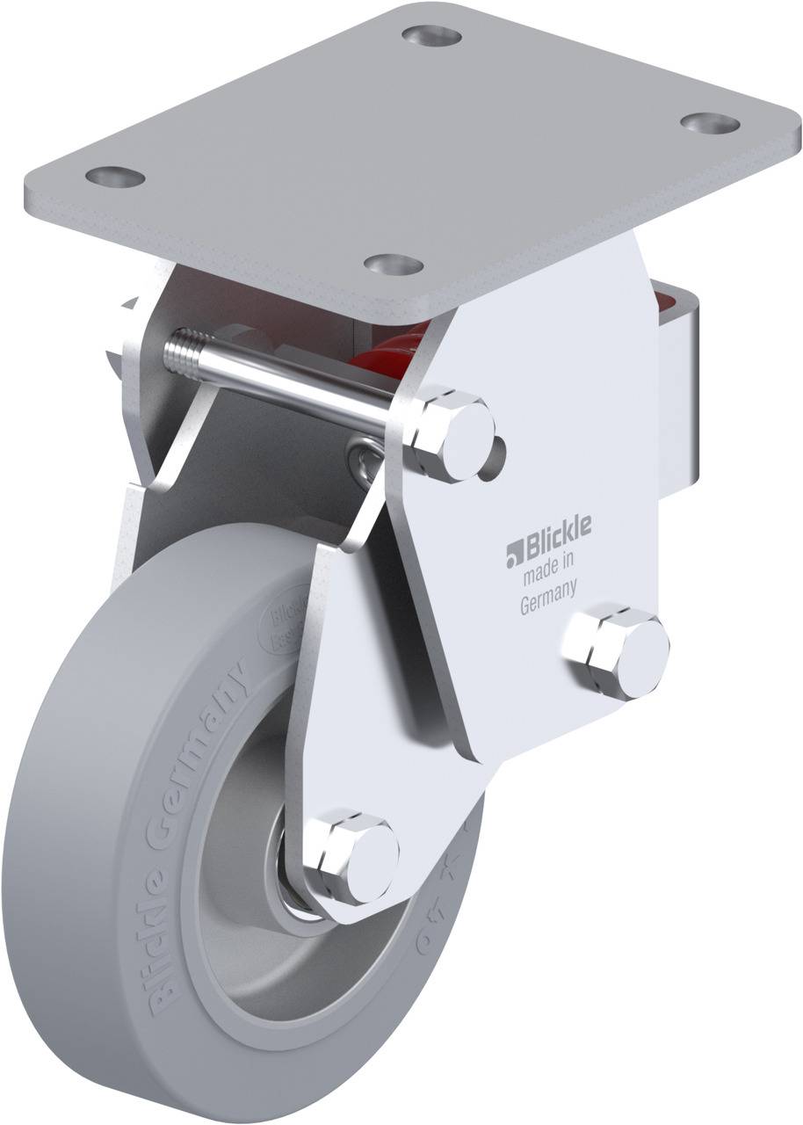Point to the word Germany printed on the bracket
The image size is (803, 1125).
pos(548,606)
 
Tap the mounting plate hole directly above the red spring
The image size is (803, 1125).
pos(394,264)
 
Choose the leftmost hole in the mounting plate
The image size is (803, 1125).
pos(115,177)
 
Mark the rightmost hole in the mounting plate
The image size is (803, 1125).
pos(710,123)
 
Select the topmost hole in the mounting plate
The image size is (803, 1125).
pos(431,36)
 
